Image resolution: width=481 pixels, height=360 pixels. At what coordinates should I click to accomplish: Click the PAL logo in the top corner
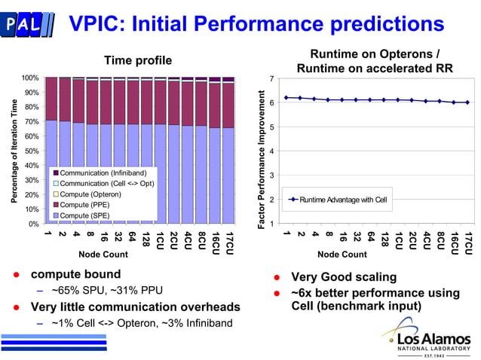29,24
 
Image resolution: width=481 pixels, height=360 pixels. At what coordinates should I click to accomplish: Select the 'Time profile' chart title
137,60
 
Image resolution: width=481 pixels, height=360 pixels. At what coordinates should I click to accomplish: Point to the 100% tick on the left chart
30,78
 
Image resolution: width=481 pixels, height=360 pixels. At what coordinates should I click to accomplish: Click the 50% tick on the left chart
32,151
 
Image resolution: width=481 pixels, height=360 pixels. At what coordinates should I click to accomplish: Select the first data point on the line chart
286,97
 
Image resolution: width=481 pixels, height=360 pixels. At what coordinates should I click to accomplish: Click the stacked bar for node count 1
51,151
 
